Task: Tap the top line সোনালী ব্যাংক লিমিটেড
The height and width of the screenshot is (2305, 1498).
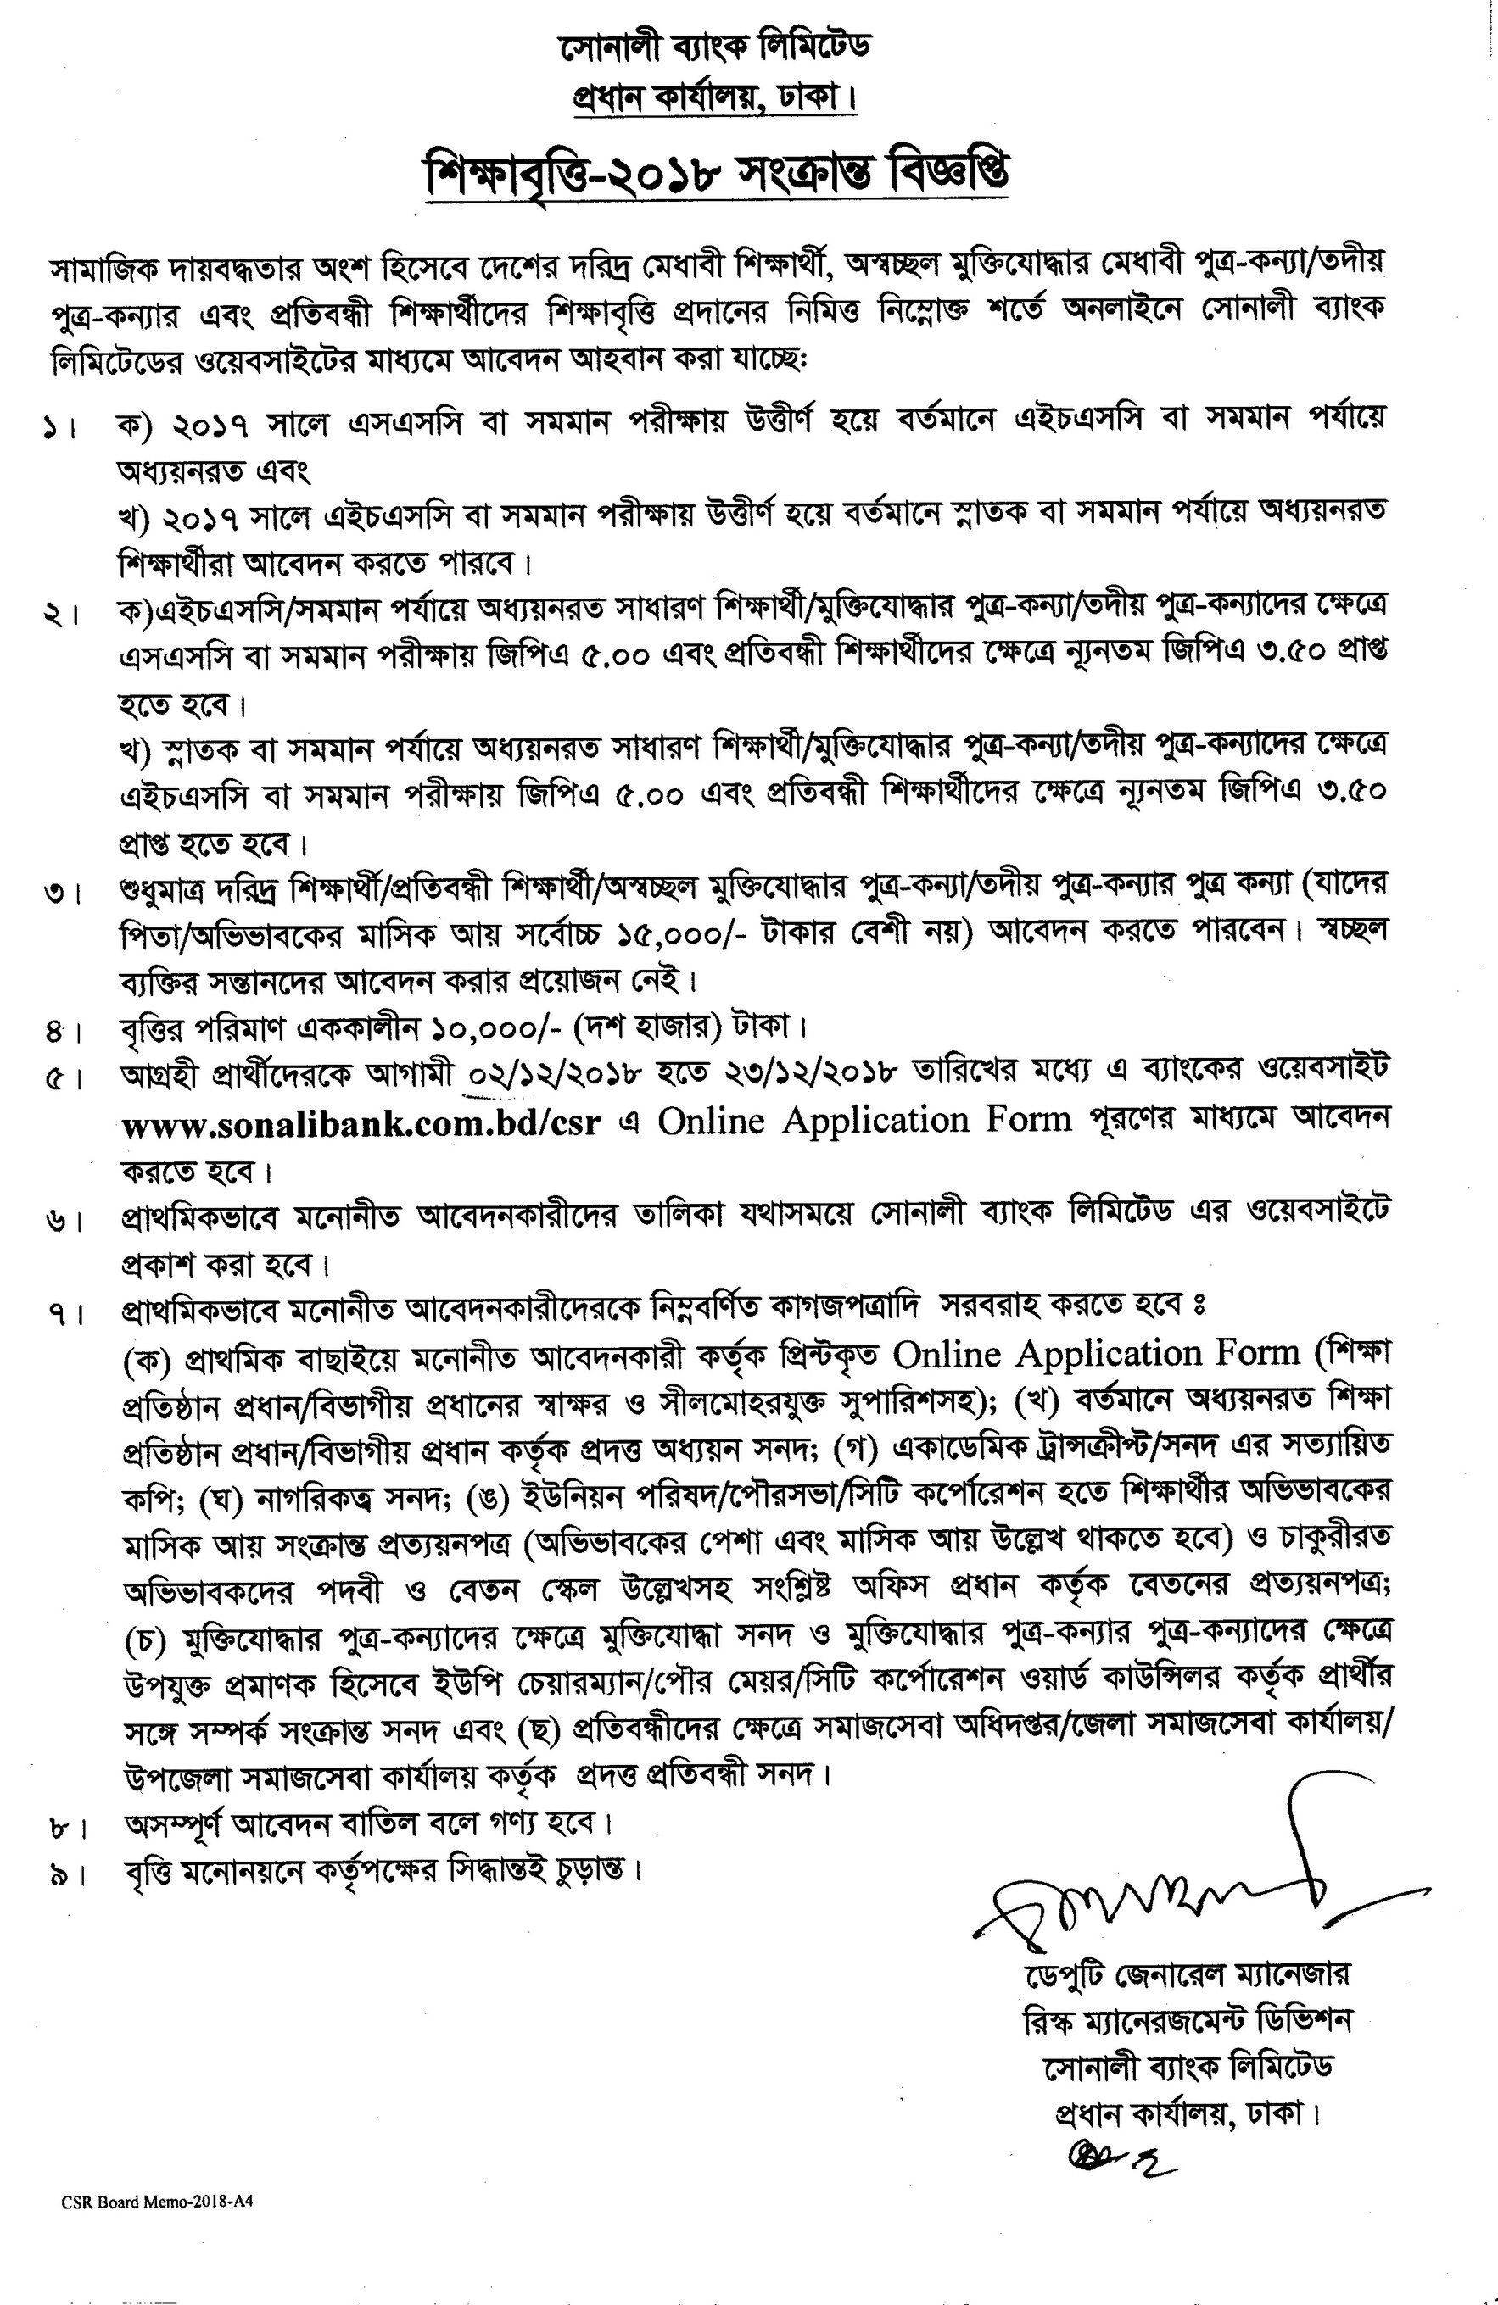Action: pyautogui.click(x=716, y=47)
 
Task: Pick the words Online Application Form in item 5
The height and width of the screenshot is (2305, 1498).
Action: pyautogui.click(x=864, y=1121)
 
